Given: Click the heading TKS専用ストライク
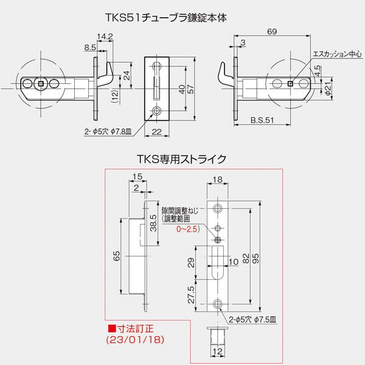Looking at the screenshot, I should [x=182, y=159].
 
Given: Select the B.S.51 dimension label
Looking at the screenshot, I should [x=261, y=120].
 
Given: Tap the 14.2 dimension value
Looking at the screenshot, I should [x=108, y=36].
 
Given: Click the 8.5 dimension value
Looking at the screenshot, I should [x=89, y=46].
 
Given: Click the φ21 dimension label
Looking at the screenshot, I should [x=328, y=91].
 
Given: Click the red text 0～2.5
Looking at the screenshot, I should [x=187, y=230].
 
